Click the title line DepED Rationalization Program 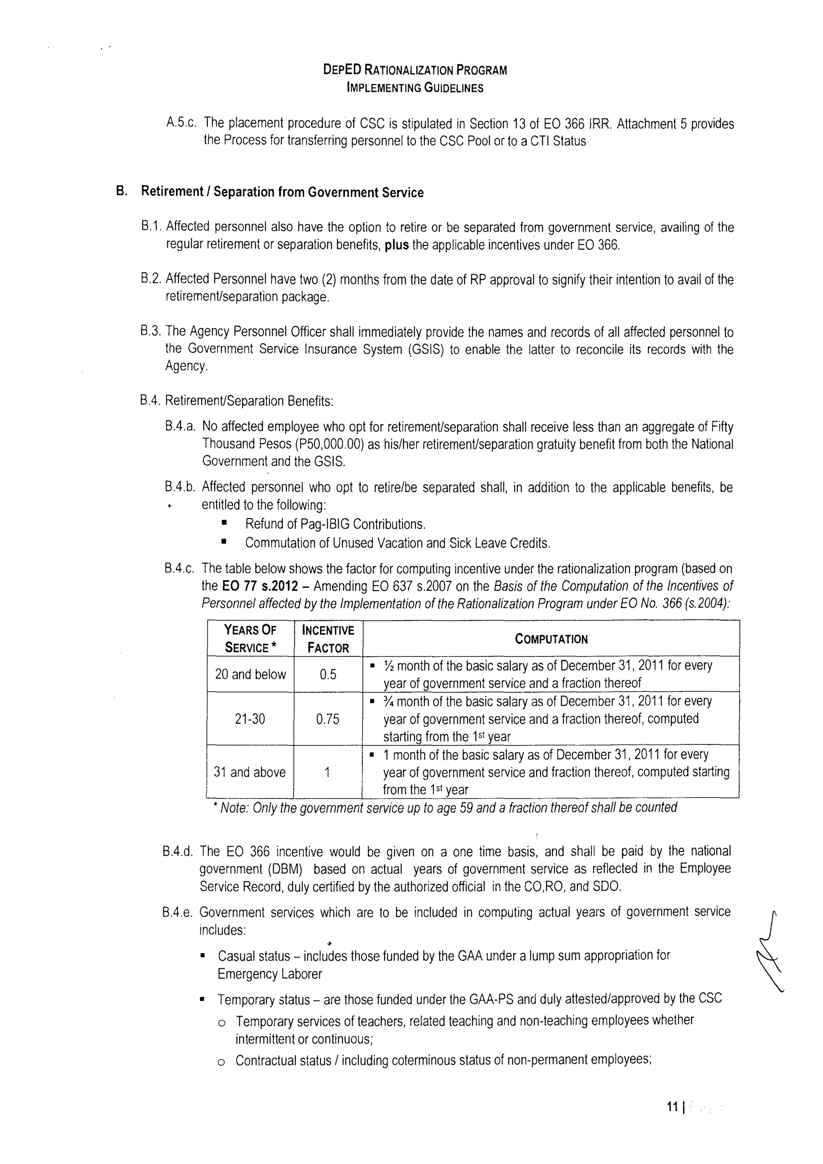coord(415,70)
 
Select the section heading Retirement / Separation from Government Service coord(282,192)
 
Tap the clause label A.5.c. coord(181,123)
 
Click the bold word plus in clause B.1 coord(397,245)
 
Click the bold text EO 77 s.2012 coord(260,586)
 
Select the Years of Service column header coord(250,639)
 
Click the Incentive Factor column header coord(328,639)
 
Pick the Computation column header coord(551,639)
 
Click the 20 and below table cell coord(250,674)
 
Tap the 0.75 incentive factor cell coord(328,719)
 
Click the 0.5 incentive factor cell coord(328,674)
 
